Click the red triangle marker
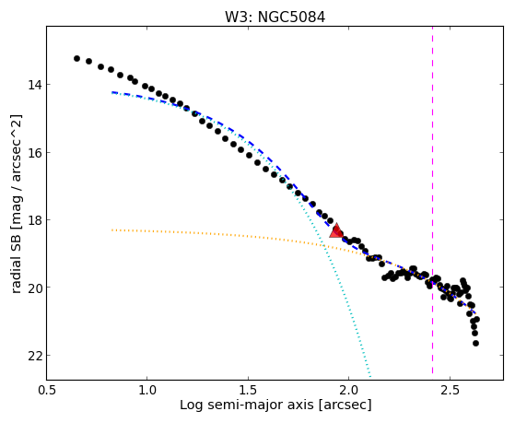click(x=336, y=230)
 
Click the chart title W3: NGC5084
click(x=275, y=18)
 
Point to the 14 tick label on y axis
click(x=35, y=85)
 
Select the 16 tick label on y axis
click(x=35, y=153)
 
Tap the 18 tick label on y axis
click(x=35, y=220)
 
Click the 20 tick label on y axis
click(x=35, y=288)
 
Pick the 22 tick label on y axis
click(x=35, y=356)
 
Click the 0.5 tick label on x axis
click(x=47, y=390)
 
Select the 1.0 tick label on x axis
click(x=147, y=390)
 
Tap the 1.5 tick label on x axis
click(x=249, y=390)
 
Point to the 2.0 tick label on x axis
click(x=349, y=390)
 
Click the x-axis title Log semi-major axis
click(x=247, y=405)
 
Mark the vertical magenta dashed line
click(x=433, y=200)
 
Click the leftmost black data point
click(x=76, y=58)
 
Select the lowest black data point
click(x=475, y=344)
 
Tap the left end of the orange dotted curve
click(x=112, y=230)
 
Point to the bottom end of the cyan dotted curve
click(x=370, y=377)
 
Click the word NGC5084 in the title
click(x=292, y=18)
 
